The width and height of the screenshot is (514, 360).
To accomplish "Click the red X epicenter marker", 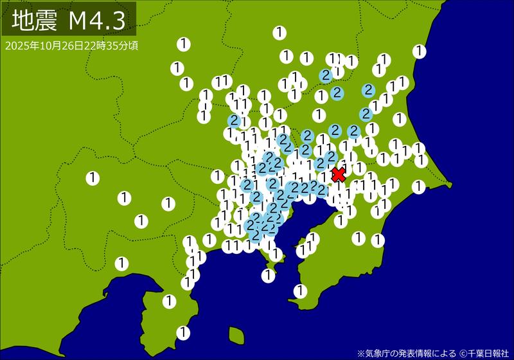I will (338, 174).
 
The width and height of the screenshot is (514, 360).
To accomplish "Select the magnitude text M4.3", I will (96, 21).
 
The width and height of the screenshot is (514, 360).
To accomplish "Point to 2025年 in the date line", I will (17, 46).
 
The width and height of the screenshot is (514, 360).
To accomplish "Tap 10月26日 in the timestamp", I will (55, 46).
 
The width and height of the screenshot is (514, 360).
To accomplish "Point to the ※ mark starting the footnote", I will (360, 353).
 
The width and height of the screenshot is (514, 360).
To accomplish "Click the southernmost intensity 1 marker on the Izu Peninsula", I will (183, 332).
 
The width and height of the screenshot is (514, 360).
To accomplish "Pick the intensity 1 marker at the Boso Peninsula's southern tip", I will (299, 291).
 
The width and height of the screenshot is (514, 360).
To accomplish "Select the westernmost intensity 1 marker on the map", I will (93, 177).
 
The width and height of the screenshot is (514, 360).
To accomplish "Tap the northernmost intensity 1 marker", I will (279, 32).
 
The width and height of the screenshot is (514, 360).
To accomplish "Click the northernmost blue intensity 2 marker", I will (326, 75).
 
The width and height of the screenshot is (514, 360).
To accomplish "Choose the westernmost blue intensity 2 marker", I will (235, 121).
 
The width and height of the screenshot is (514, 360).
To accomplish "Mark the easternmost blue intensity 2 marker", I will (369, 90).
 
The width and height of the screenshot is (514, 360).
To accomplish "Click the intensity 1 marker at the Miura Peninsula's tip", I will (268, 275).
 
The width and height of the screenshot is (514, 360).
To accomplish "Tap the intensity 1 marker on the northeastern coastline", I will (420, 51).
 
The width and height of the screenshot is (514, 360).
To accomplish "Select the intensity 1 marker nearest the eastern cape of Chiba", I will (419, 186).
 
